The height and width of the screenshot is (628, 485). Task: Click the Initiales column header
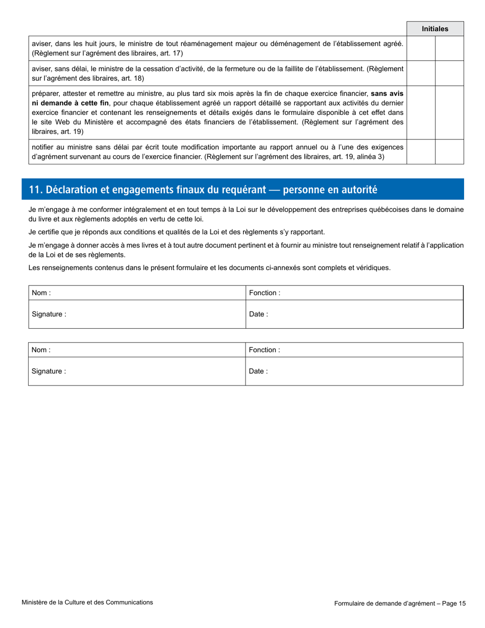click(x=435, y=29)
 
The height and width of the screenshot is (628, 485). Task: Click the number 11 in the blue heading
click(x=34, y=190)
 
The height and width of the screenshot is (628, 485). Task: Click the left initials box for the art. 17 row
click(x=421, y=49)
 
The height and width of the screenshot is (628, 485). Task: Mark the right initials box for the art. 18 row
click(x=449, y=73)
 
